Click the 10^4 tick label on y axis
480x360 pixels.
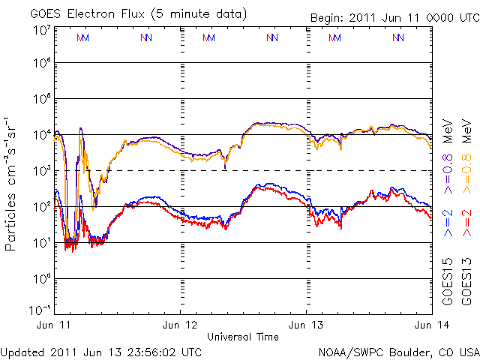tap(41, 135)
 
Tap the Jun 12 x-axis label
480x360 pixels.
tap(180, 325)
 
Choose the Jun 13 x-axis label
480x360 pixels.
tap(306, 325)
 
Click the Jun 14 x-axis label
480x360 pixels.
tap(431, 325)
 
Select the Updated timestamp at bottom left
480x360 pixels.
tap(100, 351)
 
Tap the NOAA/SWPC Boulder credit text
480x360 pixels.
tap(398, 351)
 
